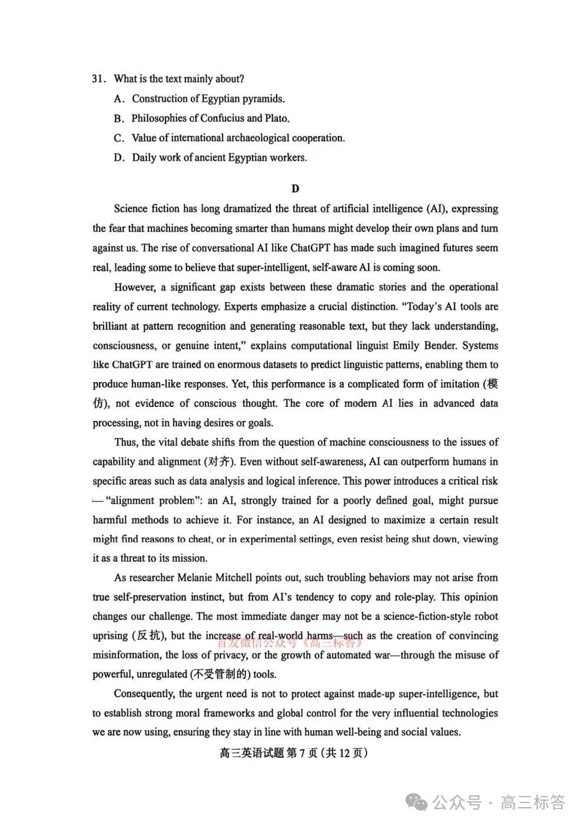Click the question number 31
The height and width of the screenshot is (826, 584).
[x=98, y=79]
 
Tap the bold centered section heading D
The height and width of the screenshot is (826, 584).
[x=295, y=189]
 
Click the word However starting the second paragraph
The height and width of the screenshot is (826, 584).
[x=135, y=287]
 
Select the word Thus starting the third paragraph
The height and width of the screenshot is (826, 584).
[x=125, y=442]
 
